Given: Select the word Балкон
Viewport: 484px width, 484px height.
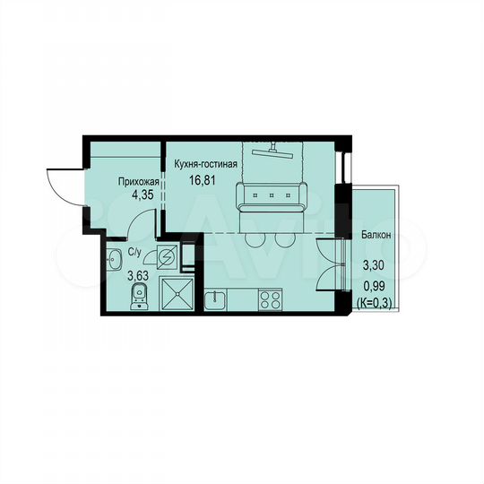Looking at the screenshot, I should click(376, 235).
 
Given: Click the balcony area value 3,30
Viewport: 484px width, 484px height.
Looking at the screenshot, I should click(376, 264).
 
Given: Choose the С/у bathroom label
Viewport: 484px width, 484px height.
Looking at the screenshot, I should click(135, 253).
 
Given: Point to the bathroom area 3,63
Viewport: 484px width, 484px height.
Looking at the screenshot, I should click(137, 277).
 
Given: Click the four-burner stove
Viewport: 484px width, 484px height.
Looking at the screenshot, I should click(270, 298).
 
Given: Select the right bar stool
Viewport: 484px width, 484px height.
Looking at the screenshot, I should click(285, 239).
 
